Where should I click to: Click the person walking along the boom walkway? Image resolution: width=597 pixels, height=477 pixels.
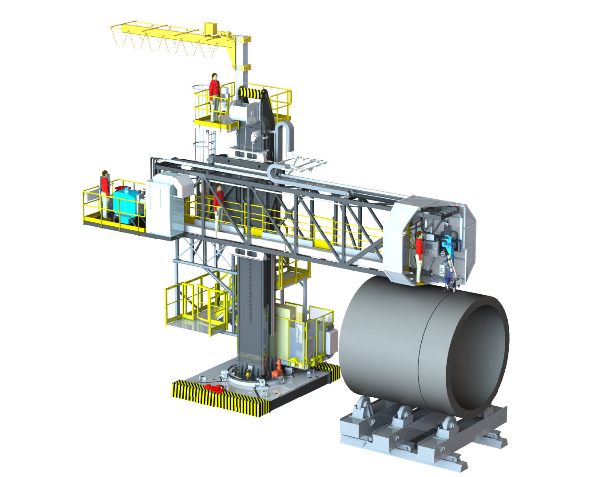click(218, 206)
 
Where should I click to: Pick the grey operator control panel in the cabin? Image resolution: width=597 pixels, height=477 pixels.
click(442, 269)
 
